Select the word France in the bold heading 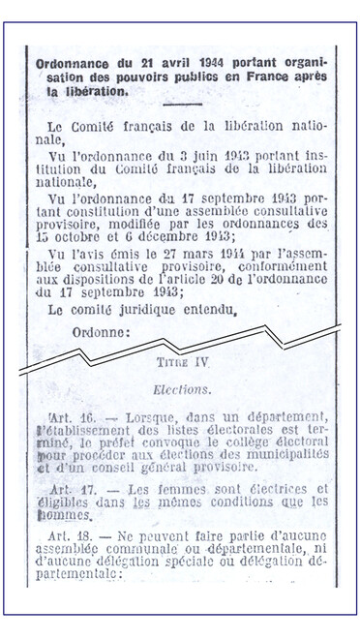coord(253,76)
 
